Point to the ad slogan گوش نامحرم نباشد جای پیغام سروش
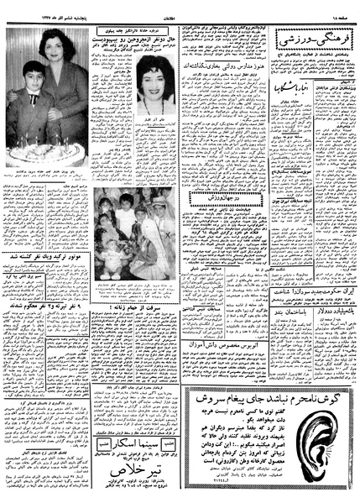(269, 398)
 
